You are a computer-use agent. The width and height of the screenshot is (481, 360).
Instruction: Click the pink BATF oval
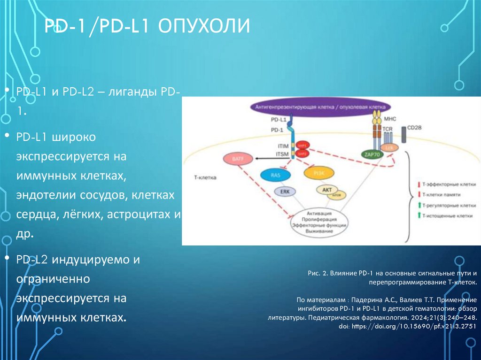236,160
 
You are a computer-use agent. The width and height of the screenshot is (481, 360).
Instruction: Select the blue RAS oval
276,176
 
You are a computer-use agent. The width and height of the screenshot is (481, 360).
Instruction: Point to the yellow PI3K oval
317,174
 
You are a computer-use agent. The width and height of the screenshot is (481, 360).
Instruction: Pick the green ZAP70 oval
371,154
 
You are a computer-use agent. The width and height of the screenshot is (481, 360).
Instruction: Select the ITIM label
283,146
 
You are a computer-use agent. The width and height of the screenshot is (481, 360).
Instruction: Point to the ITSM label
283,153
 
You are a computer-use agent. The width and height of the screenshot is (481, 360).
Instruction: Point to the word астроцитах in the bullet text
140,214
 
